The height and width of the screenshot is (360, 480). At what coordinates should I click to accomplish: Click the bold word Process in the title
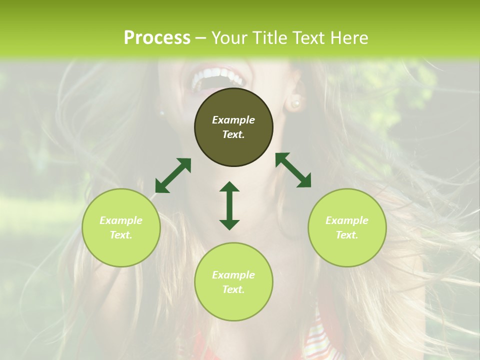[157, 38]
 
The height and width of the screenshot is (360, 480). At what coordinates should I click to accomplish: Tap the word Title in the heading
[269, 38]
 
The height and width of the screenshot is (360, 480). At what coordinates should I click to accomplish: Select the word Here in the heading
[349, 38]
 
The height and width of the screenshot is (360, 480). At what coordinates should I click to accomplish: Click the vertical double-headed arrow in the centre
[229, 205]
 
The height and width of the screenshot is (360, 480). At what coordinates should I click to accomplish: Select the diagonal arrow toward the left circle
[173, 175]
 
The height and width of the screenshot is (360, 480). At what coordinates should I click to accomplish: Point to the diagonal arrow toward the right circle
[293, 170]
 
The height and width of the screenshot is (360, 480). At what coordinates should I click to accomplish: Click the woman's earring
[295, 103]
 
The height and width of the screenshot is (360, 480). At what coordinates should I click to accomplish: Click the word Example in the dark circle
[233, 120]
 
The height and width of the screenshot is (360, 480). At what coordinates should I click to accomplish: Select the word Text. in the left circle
[121, 235]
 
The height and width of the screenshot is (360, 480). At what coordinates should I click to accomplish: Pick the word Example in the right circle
[347, 220]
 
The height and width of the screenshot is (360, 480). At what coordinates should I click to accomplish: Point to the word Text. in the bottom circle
[233, 289]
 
